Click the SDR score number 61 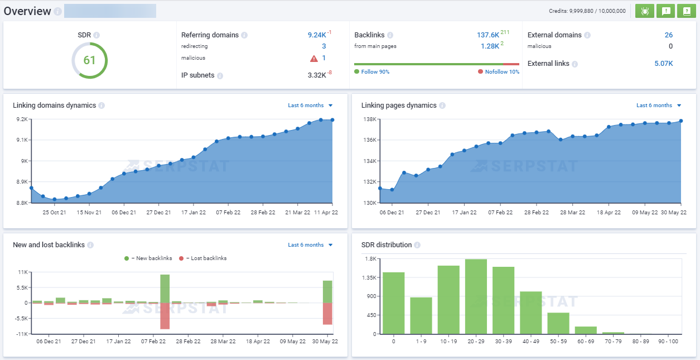[89, 60]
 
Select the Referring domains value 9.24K [317, 35]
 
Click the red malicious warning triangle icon [314, 58]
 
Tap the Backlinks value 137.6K [487, 35]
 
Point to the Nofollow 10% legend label [501, 72]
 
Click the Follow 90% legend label [375, 72]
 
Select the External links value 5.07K [663, 64]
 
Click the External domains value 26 [668, 35]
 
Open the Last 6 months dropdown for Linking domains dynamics [310, 105]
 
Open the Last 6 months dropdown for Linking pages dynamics [659, 105]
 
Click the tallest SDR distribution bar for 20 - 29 [476, 296]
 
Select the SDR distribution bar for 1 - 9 [421, 315]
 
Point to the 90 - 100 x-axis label [668, 341]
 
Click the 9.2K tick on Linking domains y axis [22, 119]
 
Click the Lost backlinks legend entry [206, 258]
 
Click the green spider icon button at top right [645, 11]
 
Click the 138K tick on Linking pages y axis [370, 119]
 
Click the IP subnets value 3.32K [317, 75]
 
